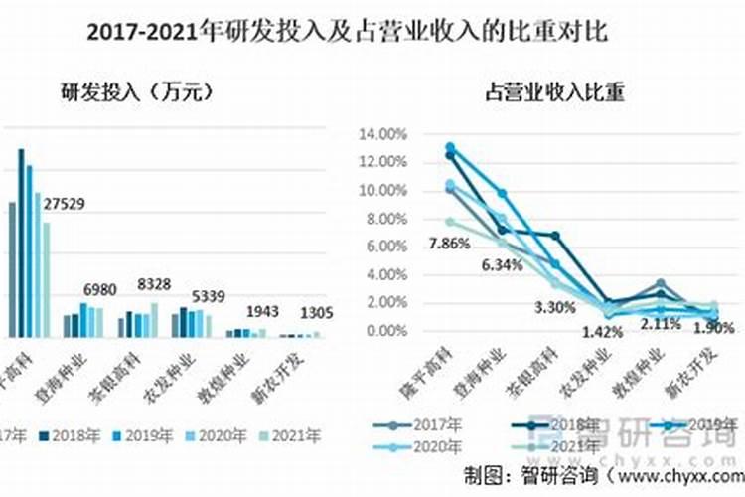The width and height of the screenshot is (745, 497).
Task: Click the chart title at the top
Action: (347, 32)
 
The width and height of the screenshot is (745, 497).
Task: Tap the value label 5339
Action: (209, 295)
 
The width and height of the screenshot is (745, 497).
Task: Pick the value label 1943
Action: (263, 312)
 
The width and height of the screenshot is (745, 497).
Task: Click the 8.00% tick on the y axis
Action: (384, 218)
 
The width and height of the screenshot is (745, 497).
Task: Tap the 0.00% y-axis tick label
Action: (384, 330)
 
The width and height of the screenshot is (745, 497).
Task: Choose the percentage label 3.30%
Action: (553, 307)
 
